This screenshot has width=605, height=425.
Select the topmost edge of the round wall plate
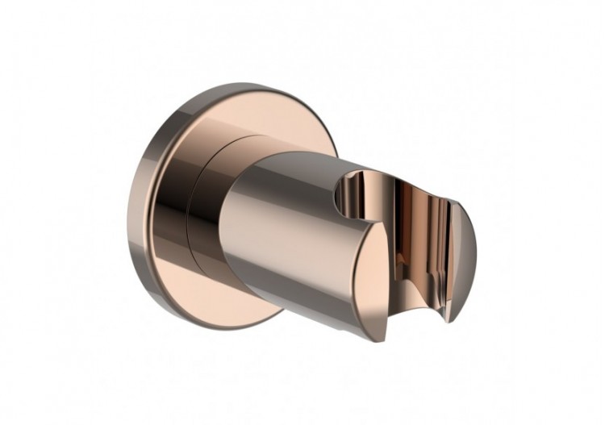coord(242,85)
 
